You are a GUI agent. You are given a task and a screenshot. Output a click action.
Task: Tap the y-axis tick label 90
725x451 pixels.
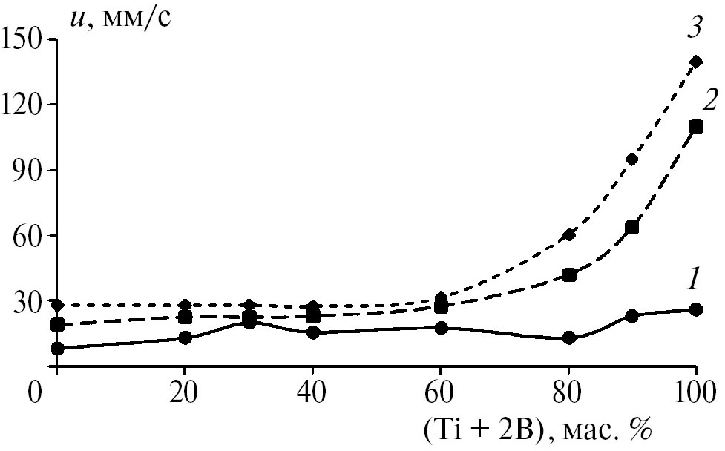pyautogui.click(x=30, y=169)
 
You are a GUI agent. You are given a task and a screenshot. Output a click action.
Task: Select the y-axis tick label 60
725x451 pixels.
pyautogui.click(x=30, y=235)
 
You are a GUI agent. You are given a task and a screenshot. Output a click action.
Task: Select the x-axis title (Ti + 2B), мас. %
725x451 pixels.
pyautogui.click(x=533, y=429)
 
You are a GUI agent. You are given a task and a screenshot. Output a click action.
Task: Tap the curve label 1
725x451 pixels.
pyautogui.click(x=693, y=280)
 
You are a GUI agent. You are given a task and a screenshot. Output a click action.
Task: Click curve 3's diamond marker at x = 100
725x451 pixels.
pyautogui.click(x=696, y=62)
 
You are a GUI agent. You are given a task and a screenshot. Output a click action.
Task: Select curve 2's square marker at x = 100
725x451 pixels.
pyautogui.click(x=696, y=126)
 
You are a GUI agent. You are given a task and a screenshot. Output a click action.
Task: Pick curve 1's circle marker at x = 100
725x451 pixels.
pyautogui.click(x=696, y=309)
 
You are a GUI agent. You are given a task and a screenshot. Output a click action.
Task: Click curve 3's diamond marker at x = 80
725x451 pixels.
pyautogui.click(x=569, y=235)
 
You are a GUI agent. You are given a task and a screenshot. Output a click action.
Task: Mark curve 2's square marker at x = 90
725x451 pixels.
pyautogui.click(x=632, y=227)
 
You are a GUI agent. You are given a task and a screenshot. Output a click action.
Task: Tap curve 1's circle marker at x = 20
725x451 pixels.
pyautogui.click(x=185, y=338)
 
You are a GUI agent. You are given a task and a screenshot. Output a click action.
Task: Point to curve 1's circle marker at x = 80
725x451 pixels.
pyautogui.click(x=569, y=338)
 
